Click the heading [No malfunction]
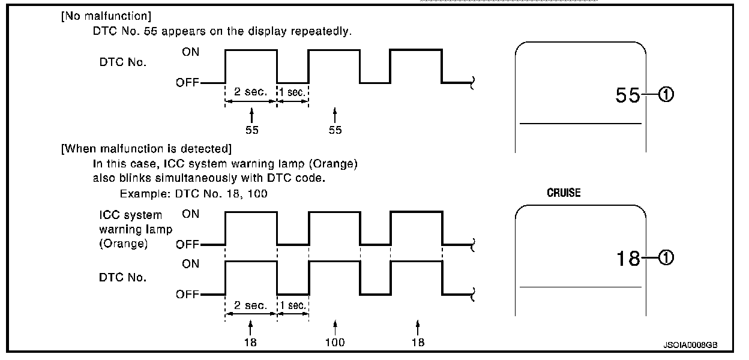[x=105, y=16]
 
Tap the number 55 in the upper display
[x=628, y=95]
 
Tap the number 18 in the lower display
[x=628, y=259]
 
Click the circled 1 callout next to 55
[x=667, y=95]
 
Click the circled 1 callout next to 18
[x=667, y=259]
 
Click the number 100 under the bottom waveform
[x=335, y=343]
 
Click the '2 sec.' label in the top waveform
[x=250, y=93]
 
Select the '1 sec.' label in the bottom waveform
[x=293, y=305]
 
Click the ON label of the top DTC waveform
[x=191, y=52]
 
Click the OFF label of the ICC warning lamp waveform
[x=188, y=245]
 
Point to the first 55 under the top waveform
[x=252, y=130]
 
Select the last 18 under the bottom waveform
[x=418, y=343]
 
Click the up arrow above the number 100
[x=335, y=327]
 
